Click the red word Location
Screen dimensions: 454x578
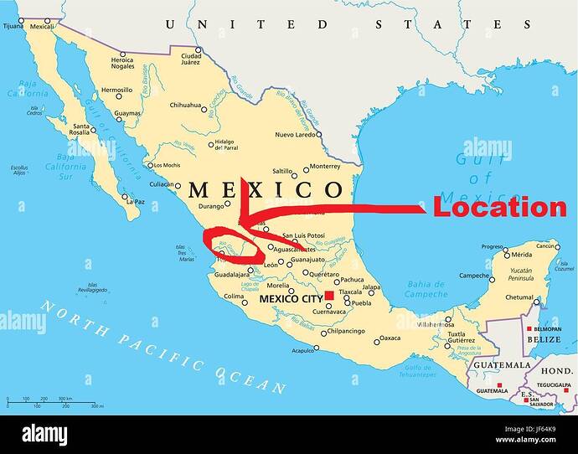499,207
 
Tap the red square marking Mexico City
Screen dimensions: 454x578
329,296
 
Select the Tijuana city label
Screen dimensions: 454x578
13,26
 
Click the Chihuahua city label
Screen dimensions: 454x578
185,106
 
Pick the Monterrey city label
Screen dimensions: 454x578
324,166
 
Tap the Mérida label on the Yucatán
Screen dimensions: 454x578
523,254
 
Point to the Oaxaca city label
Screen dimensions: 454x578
390,338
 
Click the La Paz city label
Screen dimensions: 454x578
134,201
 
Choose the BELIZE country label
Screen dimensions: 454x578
544,340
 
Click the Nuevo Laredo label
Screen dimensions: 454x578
296,134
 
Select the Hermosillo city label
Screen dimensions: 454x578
116,90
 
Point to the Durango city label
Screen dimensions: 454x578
213,205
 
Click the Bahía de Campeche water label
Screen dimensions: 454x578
427,289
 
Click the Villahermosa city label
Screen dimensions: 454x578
436,322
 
